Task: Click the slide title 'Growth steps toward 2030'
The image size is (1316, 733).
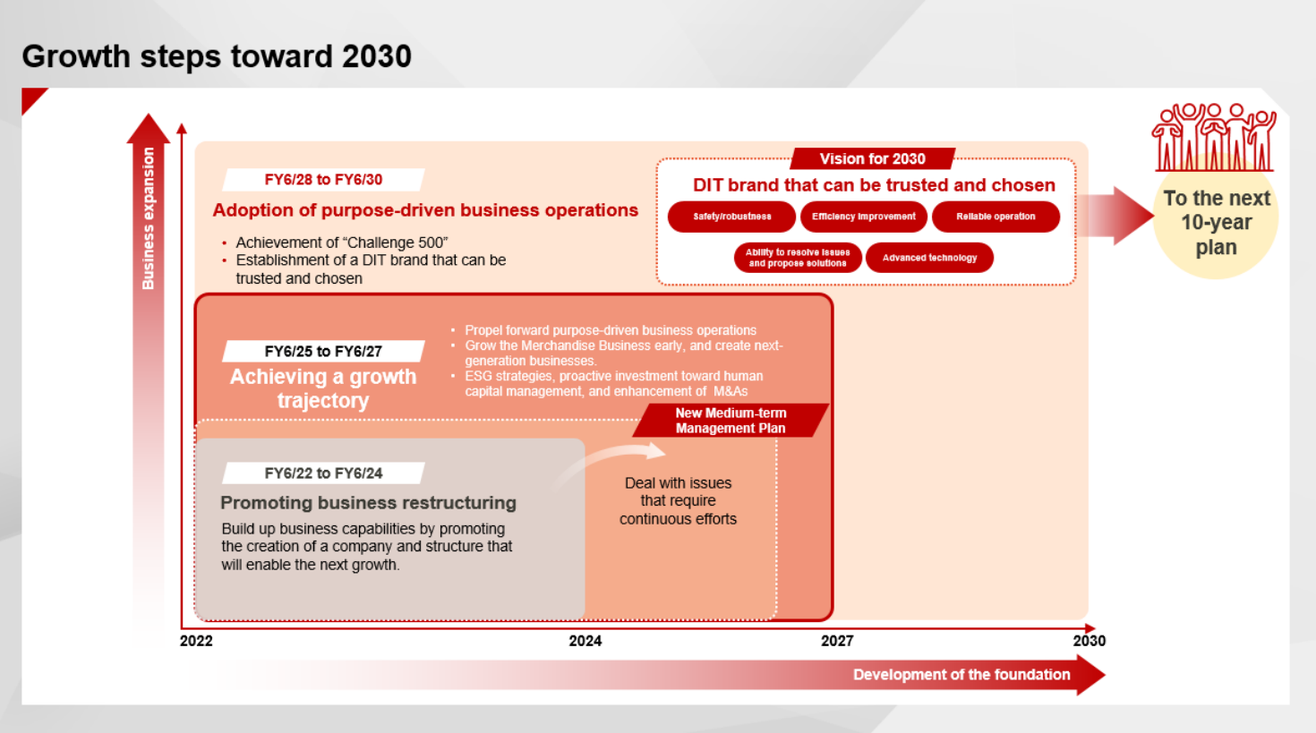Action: point(217,56)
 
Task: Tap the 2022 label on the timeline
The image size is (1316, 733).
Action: point(196,641)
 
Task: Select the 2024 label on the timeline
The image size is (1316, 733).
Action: point(585,641)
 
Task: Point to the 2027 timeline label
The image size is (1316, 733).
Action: point(837,641)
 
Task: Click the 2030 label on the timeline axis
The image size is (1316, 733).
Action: point(1090,641)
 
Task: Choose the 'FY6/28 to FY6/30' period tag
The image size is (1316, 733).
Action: point(323,180)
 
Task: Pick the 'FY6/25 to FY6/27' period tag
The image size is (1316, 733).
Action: point(323,351)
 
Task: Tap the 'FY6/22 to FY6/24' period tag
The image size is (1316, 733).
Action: point(323,473)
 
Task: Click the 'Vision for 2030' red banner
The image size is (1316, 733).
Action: point(873,158)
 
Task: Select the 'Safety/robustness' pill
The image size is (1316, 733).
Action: point(732,217)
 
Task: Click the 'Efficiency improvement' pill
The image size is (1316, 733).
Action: point(864,217)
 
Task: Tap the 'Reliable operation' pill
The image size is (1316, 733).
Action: point(996,217)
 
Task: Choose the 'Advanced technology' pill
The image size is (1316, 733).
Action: point(929,258)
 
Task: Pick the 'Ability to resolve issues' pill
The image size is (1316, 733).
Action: point(798,258)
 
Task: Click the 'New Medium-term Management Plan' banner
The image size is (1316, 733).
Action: point(731,421)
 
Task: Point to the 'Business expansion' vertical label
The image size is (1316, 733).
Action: point(148,218)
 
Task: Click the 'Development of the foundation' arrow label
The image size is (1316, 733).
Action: point(961,675)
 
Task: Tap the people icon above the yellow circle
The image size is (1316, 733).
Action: point(1214,138)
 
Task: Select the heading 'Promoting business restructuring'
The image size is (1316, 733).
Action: point(368,503)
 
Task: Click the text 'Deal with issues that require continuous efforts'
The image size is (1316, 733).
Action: point(678,501)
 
